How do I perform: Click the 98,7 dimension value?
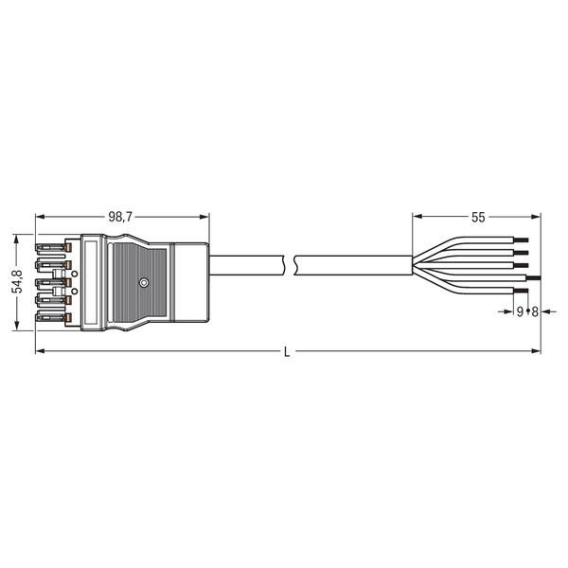click(120, 218)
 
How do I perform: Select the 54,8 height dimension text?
click(17, 281)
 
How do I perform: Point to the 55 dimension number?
click(478, 218)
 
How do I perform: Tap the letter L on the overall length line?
click(287, 352)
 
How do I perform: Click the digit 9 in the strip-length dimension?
click(520, 311)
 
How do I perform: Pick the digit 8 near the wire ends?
click(535, 311)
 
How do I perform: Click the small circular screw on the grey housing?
click(144, 282)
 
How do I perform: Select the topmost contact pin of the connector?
click(54, 248)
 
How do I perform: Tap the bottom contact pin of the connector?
click(54, 318)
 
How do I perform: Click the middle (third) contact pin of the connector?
click(54, 282)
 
